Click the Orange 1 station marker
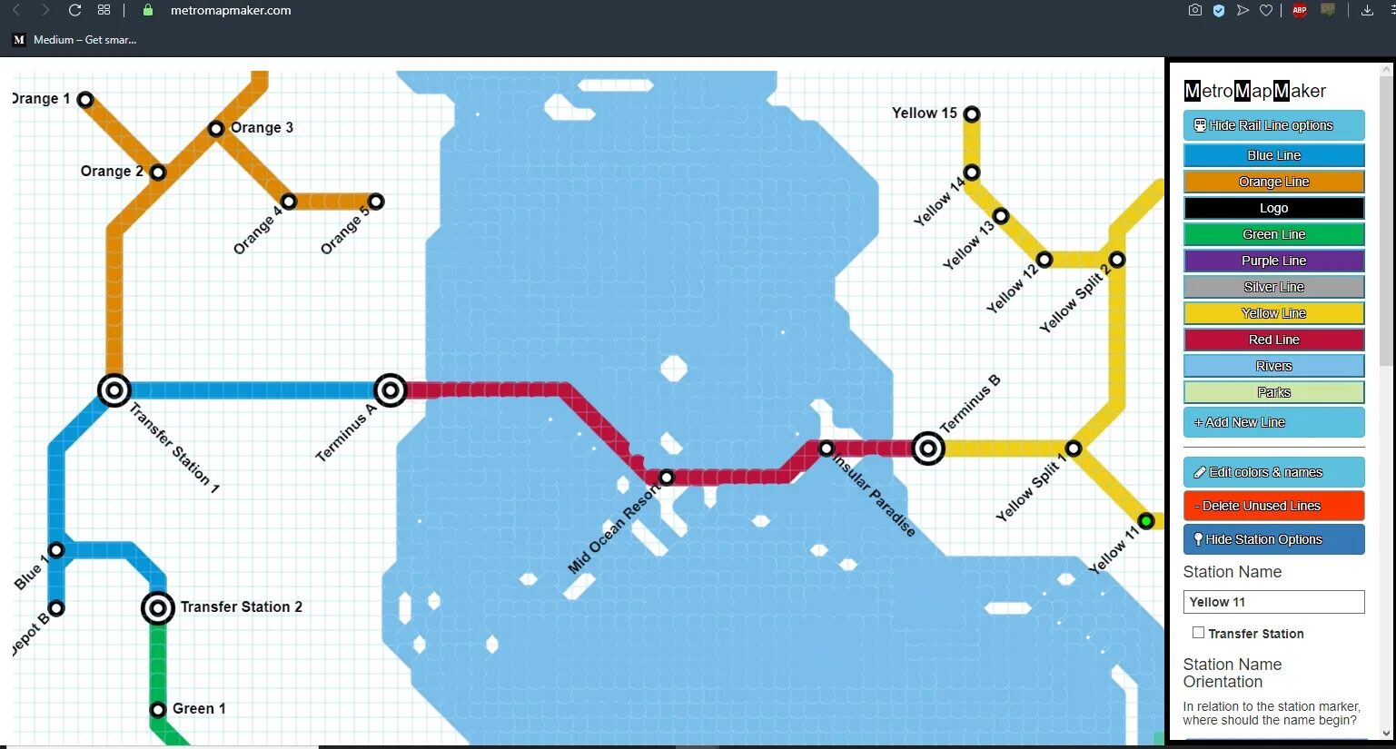[x=85, y=99]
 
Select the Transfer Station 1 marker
[x=114, y=390]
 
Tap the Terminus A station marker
[x=391, y=390]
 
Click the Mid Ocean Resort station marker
[x=667, y=478]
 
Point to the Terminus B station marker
[x=928, y=448]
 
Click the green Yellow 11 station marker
[x=1146, y=521]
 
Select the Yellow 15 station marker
[x=972, y=114]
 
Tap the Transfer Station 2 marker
[x=158, y=608]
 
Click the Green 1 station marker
[x=158, y=710]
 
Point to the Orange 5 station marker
[x=376, y=202]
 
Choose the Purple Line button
[x=1273, y=261]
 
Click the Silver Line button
[x=1273, y=287]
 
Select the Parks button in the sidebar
[x=1273, y=392]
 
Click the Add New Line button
[x=1273, y=422]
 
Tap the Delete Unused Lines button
[x=1273, y=506]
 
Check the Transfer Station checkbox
[x=1199, y=633]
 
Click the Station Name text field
[x=1273, y=602]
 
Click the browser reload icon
[x=75, y=10]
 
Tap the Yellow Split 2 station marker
[x=1117, y=260]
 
